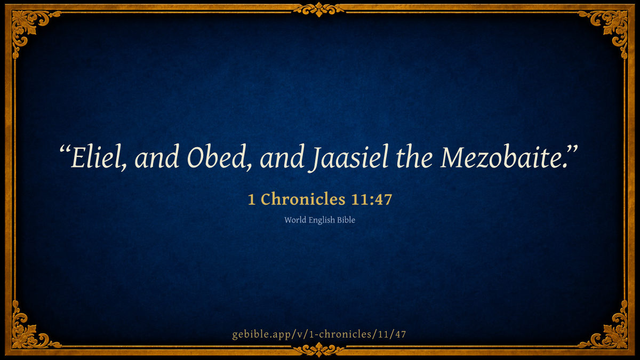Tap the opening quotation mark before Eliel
point(65,150)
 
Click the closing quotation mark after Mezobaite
point(572,150)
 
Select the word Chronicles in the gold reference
point(303,199)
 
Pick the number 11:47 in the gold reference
point(371,199)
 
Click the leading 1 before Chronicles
point(251,199)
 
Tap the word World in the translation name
point(295,220)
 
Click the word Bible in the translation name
point(346,220)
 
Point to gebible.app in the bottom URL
point(263,334)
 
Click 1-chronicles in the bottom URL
point(341,334)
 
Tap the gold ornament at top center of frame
point(319,10)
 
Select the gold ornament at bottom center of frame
point(319,350)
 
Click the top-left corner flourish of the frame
point(29,27)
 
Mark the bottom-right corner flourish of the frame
point(611,332)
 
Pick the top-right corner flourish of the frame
point(611,27)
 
